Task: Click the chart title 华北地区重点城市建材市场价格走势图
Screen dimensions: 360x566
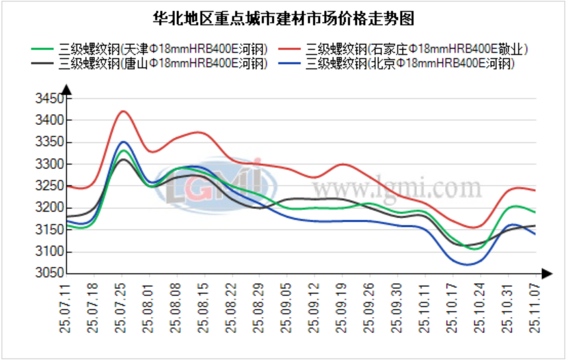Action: [283, 18]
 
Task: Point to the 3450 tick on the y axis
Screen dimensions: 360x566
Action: [49, 99]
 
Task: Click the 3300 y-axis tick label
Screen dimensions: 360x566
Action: [49, 165]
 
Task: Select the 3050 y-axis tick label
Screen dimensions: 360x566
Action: [49, 273]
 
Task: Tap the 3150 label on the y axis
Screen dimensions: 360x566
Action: [49, 230]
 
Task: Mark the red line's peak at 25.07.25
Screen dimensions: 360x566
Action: [122, 111]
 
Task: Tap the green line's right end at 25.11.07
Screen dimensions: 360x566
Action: [535, 212]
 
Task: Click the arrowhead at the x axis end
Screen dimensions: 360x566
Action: [546, 273]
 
